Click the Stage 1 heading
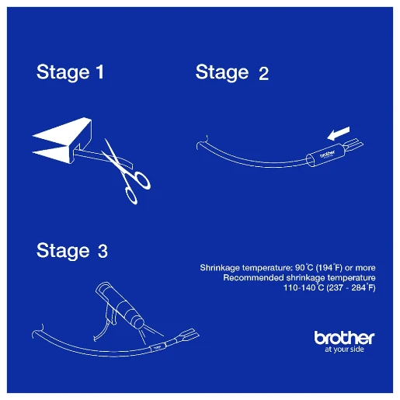pyautogui.click(x=70, y=72)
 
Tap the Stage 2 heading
pyautogui.click(x=232, y=73)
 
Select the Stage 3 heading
pyautogui.click(x=72, y=251)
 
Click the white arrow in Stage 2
pyautogui.click(x=338, y=134)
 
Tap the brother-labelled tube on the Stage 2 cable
pyautogui.click(x=325, y=155)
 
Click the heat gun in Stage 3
pyautogui.click(x=118, y=305)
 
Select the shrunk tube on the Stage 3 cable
pyautogui.click(x=157, y=348)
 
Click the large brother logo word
pyautogui.click(x=344, y=338)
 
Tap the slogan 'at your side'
pyautogui.click(x=344, y=350)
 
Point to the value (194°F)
pyautogui.click(x=329, y=267)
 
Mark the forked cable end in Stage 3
pyautogui.click(x=189, y=335)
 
